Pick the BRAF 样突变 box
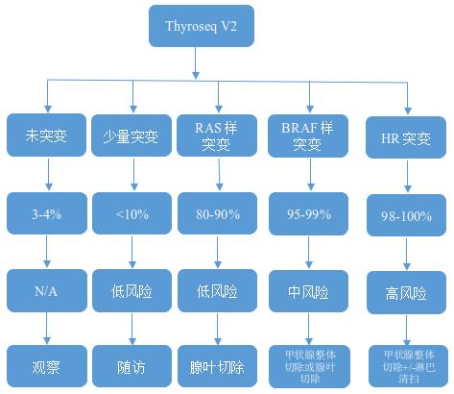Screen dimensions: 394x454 point(308,135)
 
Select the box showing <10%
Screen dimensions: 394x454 point(131,212)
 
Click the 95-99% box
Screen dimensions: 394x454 point(308,213)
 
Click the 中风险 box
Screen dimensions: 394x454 point(308,289)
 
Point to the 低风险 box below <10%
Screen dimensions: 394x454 point(131,289)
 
